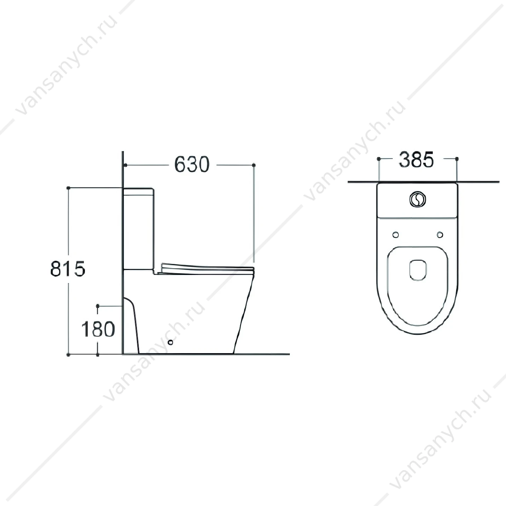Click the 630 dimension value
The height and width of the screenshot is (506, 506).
point(192,165)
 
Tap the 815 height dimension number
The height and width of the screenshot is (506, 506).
point(68,269)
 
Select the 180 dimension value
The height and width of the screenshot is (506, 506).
point(98,329)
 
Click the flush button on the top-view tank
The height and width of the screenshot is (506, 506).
point(418,200)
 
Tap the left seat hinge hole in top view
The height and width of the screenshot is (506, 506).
point(396,235)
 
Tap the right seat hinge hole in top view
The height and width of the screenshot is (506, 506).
point(440,235)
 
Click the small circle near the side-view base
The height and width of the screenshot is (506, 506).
point(171,342)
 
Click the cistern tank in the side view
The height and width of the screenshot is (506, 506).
point(138,229)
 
